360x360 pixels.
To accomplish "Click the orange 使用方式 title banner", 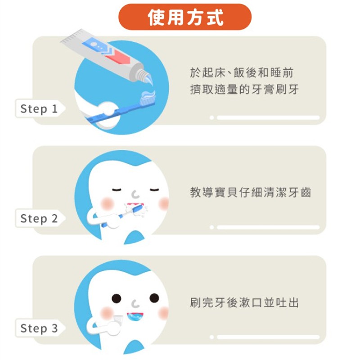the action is click(185, 17).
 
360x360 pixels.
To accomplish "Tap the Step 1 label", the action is click(39, 108).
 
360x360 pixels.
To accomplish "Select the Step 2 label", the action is click(39, 218).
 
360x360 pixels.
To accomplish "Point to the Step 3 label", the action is click(39, 328).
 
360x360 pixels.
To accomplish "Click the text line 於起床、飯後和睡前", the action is click(242, 73).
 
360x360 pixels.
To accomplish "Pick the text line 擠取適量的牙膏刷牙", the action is click(244, 89).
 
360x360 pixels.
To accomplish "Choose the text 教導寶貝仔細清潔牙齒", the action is click(251, 192).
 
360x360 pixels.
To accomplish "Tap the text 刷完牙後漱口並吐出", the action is click(244, 302).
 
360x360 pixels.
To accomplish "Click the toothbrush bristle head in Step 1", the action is click(148, 98).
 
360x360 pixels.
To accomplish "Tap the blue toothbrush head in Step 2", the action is click(137, 209).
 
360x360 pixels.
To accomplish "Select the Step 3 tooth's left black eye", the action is click(117, 298).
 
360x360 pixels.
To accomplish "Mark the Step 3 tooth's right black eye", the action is click(154, 298).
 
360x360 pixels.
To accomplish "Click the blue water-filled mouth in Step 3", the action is click(135, 317).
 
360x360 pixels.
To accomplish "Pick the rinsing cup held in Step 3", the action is click(118, 319).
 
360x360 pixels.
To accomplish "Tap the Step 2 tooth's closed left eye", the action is click(117, 189).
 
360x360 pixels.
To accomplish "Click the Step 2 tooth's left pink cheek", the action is click(107, 203).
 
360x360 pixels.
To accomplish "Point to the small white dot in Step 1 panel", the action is click(211, 118).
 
